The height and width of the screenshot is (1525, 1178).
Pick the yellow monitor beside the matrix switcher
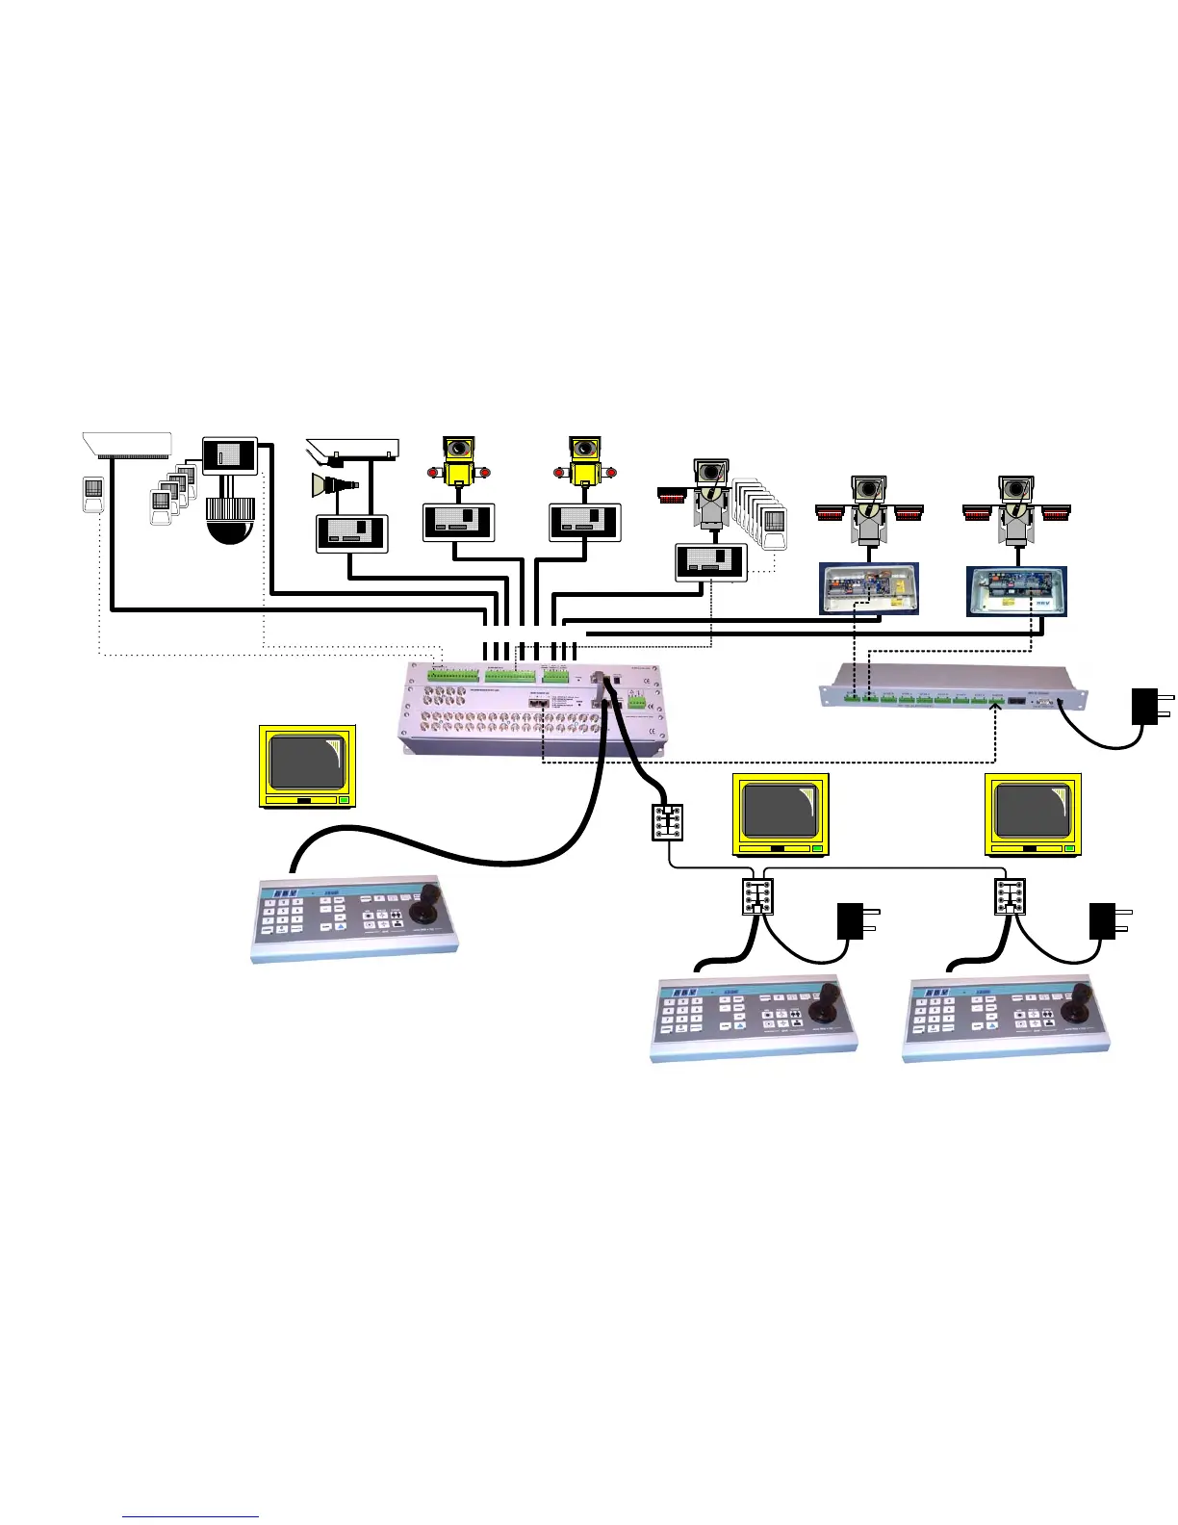pos(308,766)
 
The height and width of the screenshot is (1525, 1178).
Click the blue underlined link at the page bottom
pos(191,1516)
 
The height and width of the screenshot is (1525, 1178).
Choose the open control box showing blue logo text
pos(1016,590)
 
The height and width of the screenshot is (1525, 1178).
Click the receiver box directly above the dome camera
pos(230,454)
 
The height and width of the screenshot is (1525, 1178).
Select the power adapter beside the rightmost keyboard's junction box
pos(1107,921)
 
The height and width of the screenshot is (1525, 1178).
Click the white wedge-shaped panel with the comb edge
pos(127,445)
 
